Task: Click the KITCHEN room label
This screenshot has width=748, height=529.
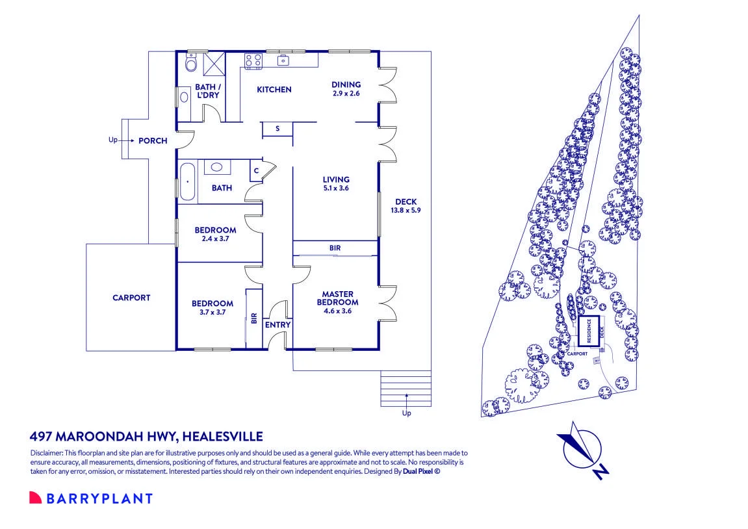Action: tap(274, 89)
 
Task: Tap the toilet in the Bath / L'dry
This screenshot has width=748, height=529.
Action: tap(190, 62)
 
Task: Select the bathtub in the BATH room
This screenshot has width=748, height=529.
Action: tap(187, 182)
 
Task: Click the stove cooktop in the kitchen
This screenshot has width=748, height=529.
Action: tap(253, 61)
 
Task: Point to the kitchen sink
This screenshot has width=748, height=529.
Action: tap(283, 60)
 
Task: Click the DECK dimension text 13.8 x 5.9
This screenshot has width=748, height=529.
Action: tap(406, 211)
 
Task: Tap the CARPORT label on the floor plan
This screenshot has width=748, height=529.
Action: tap(131, 298)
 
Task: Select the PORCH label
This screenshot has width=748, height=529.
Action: tap(153, 141)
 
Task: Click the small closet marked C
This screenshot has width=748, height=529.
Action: tap(256, 171)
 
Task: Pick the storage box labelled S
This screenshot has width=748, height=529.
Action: tap(277, 129)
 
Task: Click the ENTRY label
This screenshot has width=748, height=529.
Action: tap(277, 325)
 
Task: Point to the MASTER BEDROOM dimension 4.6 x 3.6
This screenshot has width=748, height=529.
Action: tap(337, 311)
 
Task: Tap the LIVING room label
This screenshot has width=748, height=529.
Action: tap(336, 180)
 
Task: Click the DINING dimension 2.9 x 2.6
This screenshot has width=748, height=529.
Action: tap(346, 94)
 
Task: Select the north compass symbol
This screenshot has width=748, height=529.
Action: tap(584, 450)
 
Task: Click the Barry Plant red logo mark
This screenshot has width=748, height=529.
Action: tap(35, 498)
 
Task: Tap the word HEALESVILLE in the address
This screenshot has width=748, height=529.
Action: tap(223, 437)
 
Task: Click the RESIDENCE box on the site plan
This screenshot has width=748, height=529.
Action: tap(588, 331)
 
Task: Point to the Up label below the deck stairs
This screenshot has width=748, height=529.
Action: tap(406, 413)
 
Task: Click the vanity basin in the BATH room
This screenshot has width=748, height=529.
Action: tap(217, 167)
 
